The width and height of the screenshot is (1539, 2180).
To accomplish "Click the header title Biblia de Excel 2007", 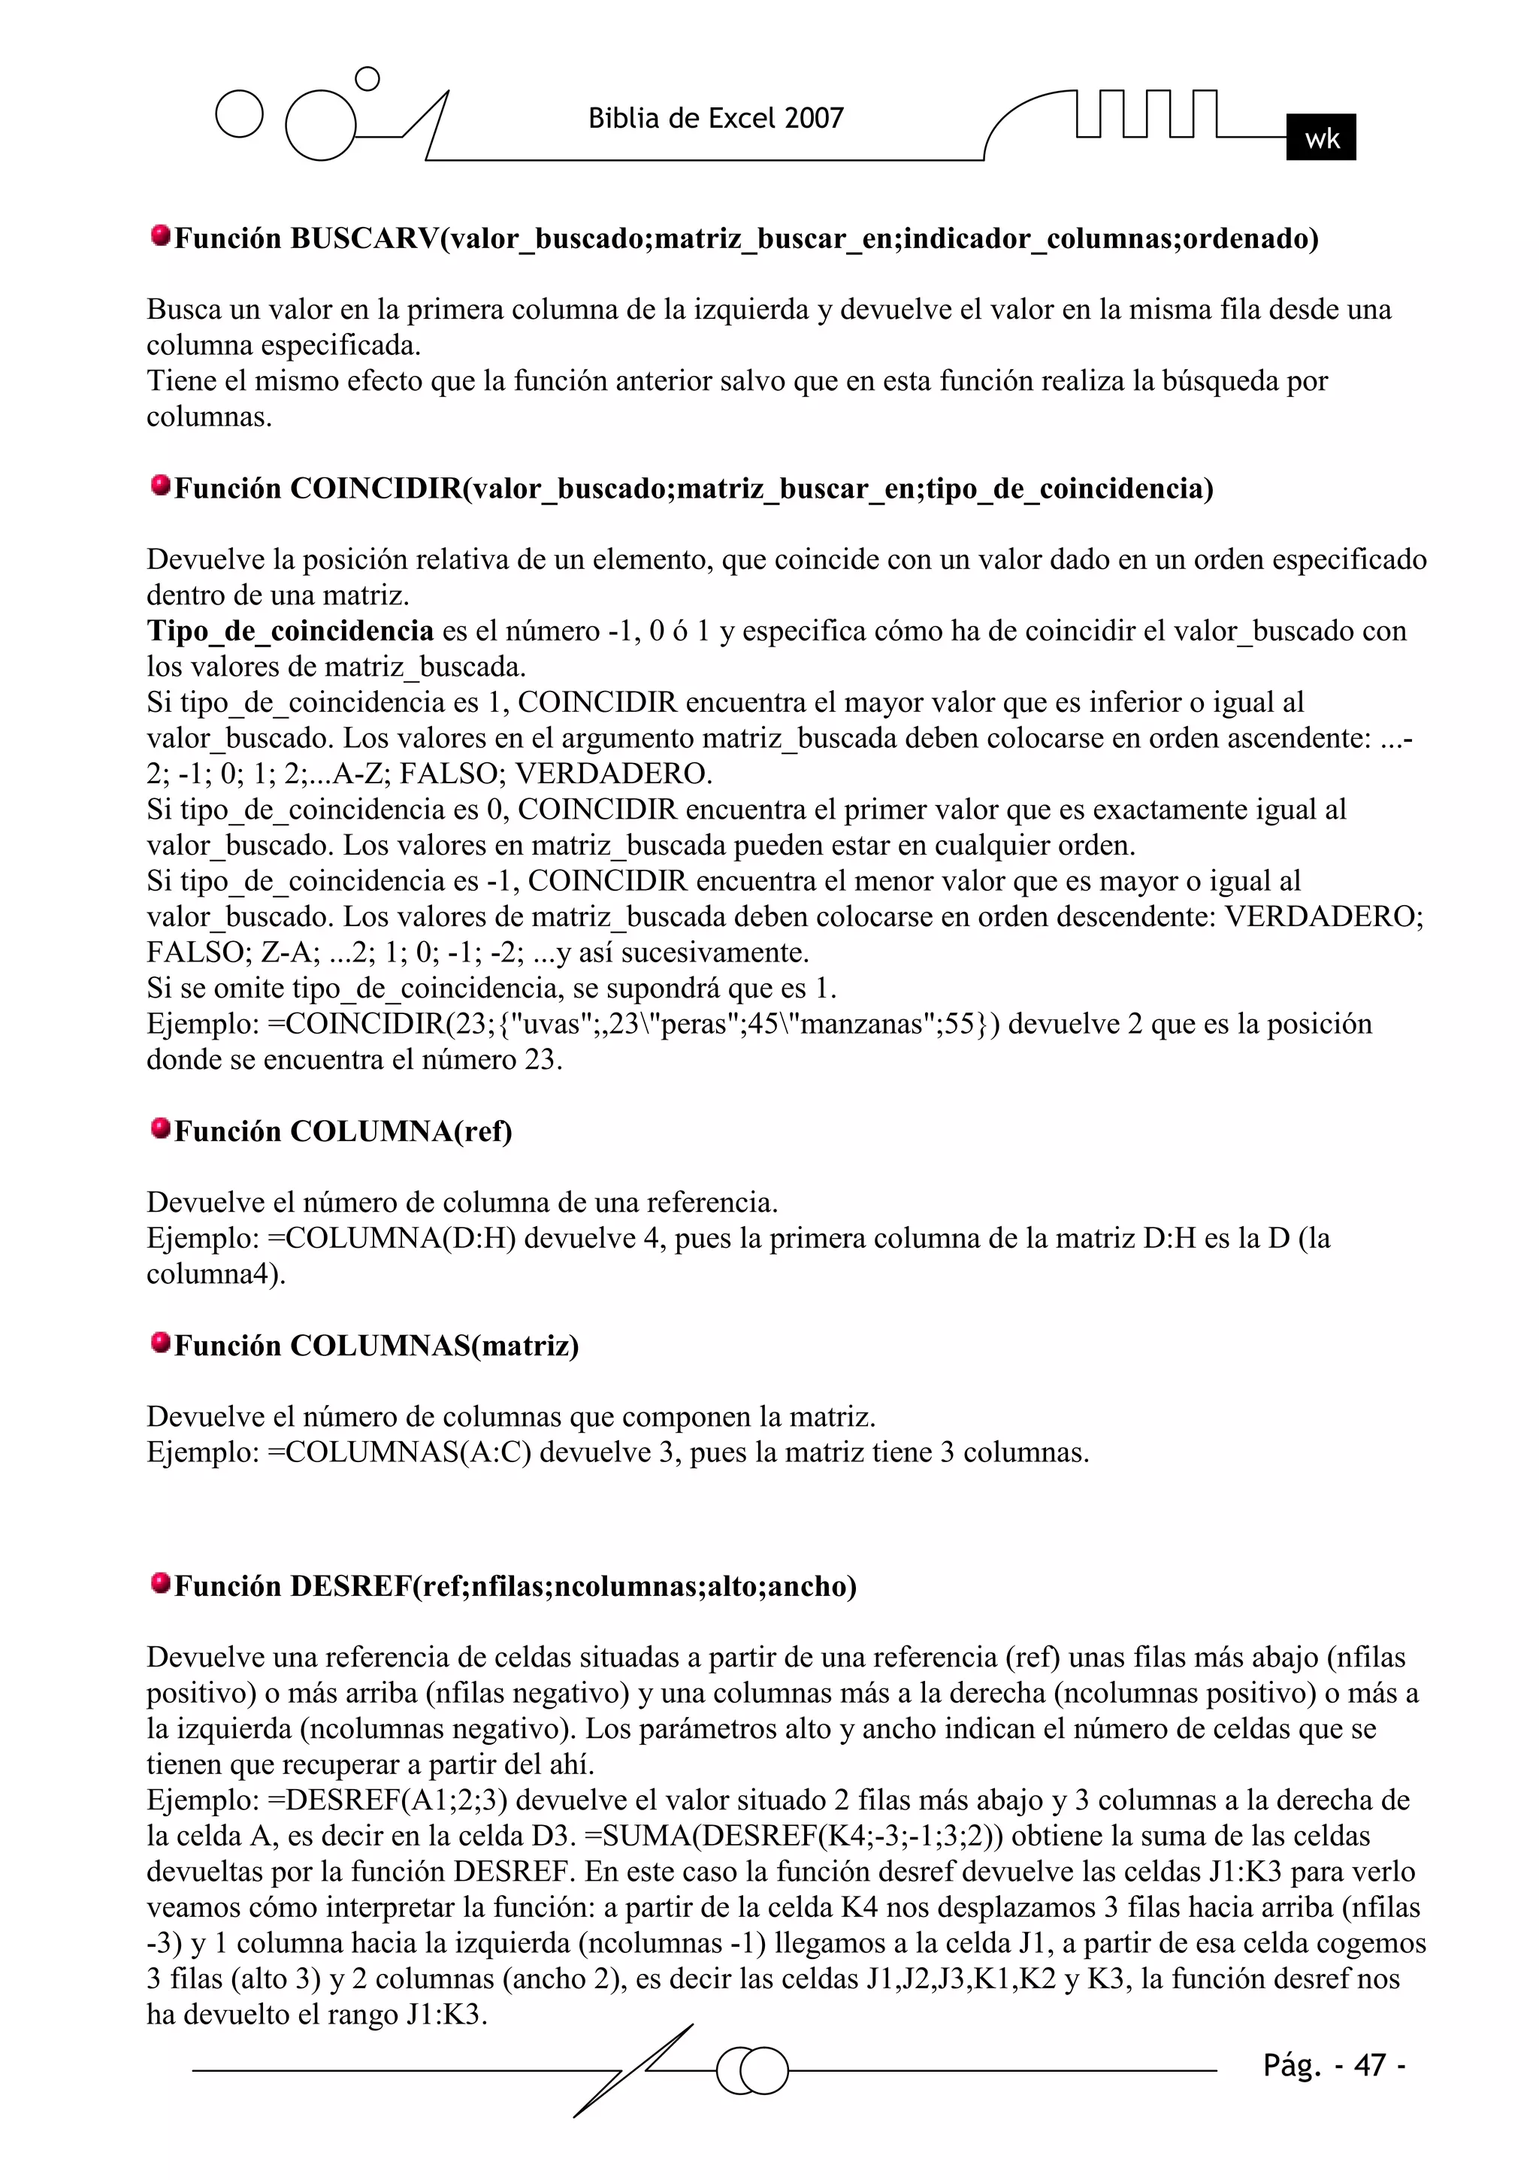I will pos(716,119).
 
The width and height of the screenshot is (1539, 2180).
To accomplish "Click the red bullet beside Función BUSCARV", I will pos(161,235).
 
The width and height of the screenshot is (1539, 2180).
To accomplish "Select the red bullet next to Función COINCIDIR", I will pos(161,486).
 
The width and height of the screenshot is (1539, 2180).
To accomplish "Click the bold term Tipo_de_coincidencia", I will pos(289,631).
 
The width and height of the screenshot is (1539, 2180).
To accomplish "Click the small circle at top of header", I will pos(367,79).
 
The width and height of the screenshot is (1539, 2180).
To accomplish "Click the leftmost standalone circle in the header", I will pos(239,115).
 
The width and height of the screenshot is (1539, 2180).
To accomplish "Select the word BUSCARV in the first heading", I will pos(364,238).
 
